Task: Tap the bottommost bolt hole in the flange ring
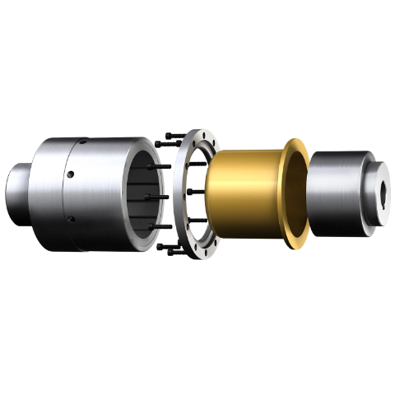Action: click(x=197, y=252)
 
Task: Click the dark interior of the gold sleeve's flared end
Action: click(x=298, y=193)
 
